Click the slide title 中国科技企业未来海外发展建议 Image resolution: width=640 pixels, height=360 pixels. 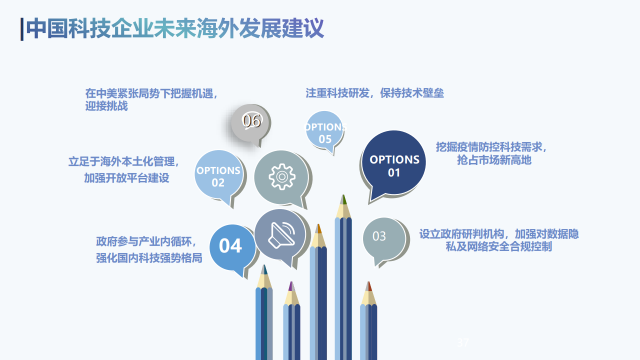point(175,28)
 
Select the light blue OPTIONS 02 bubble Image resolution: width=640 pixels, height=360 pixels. point(218,175)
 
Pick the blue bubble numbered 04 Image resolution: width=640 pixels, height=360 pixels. point(230,246)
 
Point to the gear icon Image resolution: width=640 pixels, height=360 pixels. point(281,176)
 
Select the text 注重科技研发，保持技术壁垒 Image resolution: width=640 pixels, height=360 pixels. point(374,93)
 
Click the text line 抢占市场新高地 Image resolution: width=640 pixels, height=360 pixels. point(494,160)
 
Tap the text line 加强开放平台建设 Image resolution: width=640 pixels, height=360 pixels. point(126,178)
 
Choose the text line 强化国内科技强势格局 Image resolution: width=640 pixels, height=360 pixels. point(149,258)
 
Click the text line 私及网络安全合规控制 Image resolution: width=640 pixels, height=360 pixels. point(498,246)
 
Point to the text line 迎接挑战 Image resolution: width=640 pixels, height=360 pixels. point(106,106)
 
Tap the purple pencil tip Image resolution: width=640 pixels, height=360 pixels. point(290,286)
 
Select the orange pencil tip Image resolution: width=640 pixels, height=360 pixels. point(318,229)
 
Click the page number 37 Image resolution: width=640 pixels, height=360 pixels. point(463,343)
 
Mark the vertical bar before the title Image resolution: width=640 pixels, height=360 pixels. point(22,29)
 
